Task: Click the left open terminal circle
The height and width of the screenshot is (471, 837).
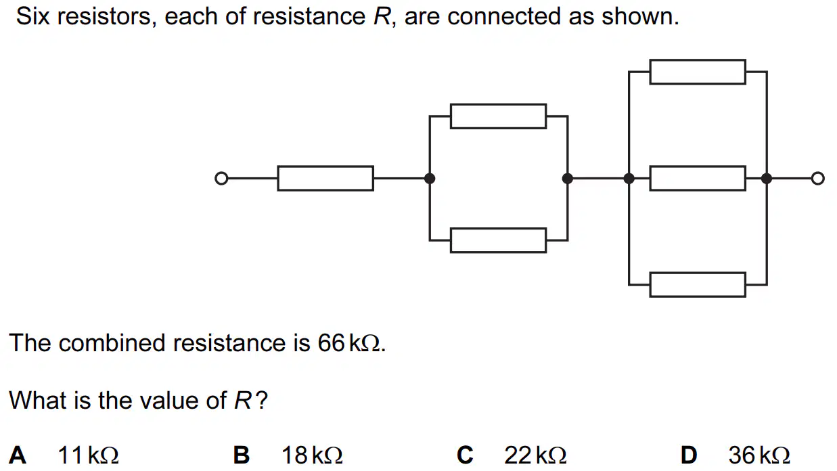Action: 221,178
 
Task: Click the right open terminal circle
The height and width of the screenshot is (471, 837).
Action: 817,178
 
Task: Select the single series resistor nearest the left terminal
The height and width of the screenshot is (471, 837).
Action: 325,178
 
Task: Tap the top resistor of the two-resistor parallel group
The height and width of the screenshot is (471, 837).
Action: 498,116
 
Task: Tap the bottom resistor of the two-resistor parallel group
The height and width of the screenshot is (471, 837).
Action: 498,240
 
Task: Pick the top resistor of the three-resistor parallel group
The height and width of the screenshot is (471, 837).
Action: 698,72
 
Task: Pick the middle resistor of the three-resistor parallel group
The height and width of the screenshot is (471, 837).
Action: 698,178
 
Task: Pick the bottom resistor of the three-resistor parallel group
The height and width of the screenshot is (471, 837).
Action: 698,285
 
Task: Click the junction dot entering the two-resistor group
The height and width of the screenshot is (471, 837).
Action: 430,178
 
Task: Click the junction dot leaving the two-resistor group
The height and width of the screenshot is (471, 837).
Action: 568,178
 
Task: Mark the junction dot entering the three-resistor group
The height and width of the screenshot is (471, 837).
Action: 629,178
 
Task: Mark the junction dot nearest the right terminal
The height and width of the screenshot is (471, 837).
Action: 767,178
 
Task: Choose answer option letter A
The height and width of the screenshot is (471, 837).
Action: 18,455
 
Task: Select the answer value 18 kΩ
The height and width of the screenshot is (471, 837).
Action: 312,455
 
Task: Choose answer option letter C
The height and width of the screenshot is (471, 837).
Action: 466,455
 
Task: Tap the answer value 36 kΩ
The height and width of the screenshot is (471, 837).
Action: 759,455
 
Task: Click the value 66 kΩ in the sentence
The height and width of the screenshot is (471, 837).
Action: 349,342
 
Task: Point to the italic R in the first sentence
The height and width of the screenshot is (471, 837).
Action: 382,17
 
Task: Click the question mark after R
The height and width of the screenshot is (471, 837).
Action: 263,400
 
